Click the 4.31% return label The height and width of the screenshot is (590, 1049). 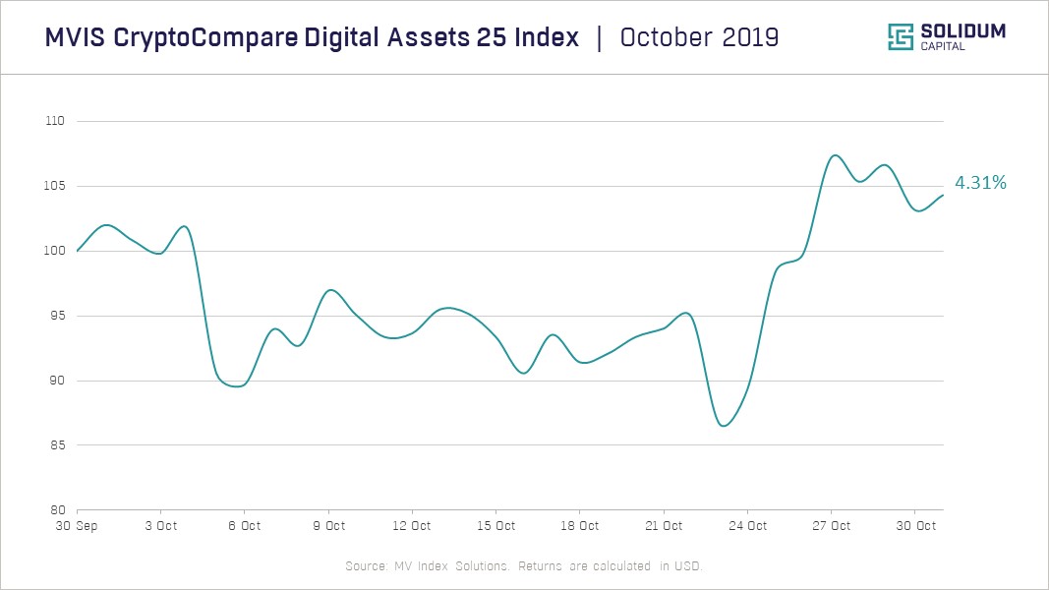(980, 183)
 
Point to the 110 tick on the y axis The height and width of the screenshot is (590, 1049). (54, 121)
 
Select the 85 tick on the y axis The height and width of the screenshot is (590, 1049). (56, 445)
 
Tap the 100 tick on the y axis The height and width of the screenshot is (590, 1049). (54, 251)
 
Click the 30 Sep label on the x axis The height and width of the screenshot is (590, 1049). (77, 526)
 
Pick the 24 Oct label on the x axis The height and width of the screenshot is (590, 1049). (748, 526)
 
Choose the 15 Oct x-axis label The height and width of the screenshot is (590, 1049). (496, 526)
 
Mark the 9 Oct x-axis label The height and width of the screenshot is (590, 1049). (328, 526)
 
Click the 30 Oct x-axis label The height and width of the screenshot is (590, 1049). (915, 526)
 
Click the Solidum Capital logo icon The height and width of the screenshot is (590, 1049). (901, 37)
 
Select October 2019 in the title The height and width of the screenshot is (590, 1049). (699, 37)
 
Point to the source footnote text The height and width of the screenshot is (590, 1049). (524, 566)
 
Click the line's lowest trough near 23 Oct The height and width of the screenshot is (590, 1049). (724, 426)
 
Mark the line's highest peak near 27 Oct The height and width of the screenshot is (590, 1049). (834, 155)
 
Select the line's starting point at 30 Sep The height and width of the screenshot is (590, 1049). (78, 251)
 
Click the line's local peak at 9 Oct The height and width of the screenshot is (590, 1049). (330, 290)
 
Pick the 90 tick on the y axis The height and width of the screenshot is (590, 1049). (56, 381)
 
